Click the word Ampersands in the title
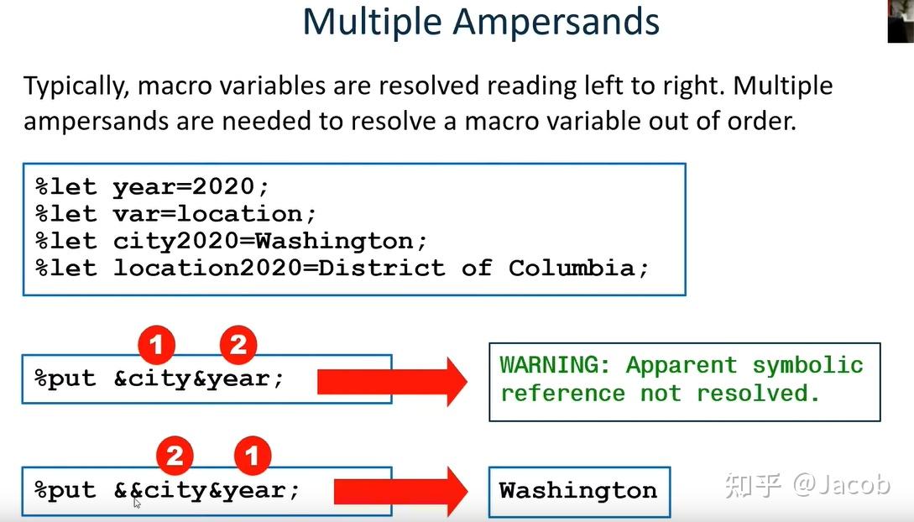556,23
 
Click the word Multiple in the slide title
372,23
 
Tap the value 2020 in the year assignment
223,187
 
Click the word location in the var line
239,214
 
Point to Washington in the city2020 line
335,241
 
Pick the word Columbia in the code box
572,269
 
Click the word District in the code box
381,269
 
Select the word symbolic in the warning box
808,366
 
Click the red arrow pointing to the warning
392,382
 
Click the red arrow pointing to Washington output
400,491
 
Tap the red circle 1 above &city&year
156,345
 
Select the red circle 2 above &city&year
238,345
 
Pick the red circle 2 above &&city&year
175,456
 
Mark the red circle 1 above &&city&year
253,456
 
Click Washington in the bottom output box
578,491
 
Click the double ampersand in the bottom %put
128,491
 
